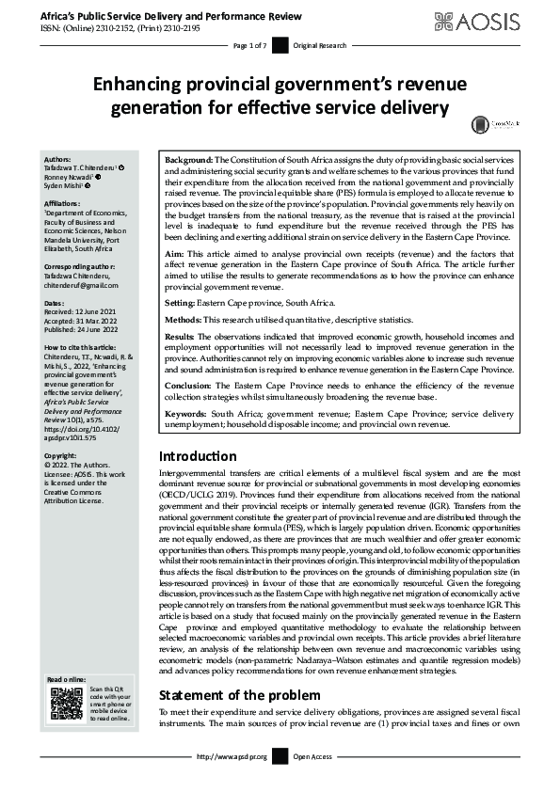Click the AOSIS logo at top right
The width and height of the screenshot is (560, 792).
(x=496, y=19)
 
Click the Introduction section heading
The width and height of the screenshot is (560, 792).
(x=202, y=456)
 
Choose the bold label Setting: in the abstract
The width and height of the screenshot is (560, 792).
(x=183, y=303)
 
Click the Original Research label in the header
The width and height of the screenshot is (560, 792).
(x=320, y=45)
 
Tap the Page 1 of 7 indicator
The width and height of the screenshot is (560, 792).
(x=249, y=45)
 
